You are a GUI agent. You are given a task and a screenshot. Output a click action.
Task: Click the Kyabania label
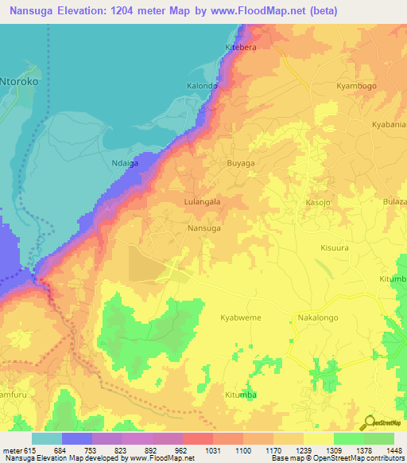pyautogui.click(x=389, y=124)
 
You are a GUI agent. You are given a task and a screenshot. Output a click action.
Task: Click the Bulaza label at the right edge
pyautogui.click(x=394, y=202)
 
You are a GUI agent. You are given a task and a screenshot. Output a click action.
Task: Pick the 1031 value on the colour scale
pyautogui.click(x=213, y=449)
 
